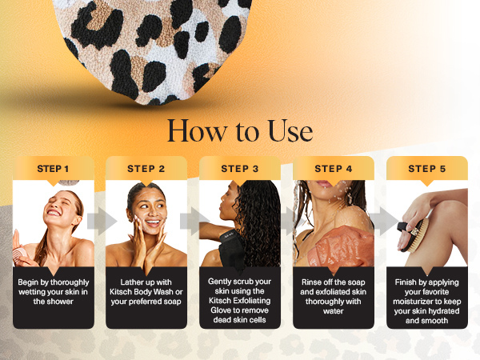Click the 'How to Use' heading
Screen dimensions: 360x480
[x=239, y=130]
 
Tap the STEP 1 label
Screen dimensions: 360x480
[x=53, y=169]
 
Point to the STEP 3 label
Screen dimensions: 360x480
[x=239, y=169]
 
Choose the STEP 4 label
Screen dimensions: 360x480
[x=333, y=169]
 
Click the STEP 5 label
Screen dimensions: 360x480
[x=426, y=169]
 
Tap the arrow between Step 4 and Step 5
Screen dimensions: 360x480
[x=379, y=222]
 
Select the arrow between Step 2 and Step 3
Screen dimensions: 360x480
[x=192, y=222]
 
